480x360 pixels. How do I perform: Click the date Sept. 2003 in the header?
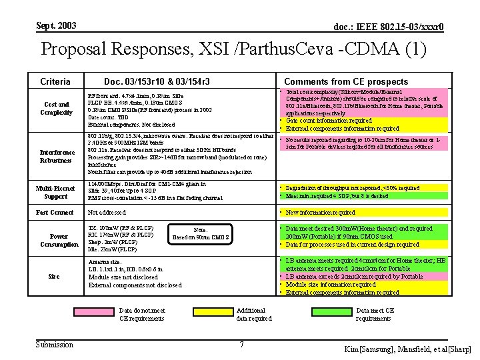tap(57, 25)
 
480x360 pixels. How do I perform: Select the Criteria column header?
tap(55, 81)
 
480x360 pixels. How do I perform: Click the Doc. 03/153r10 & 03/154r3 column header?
tap(157, 81)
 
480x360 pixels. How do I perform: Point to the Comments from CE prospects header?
tap(346, 81)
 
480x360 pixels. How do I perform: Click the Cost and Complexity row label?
tap(56, 108)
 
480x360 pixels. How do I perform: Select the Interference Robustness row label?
tap(57, 156)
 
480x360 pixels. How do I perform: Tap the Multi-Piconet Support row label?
tap(56, 192)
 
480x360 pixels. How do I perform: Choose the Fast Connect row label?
tap(55, 213)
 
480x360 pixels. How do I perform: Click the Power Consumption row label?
tap(59, 240)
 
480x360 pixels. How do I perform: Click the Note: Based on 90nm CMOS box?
tap(201, 233)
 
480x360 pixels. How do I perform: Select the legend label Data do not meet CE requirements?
tap(142, 314)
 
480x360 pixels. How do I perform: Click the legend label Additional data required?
tap(254, 314)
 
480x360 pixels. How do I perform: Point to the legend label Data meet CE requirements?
tap(375, 314)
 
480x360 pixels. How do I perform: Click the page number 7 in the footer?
tap(241, 345)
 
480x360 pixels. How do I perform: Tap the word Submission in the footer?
tap(55, 345)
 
